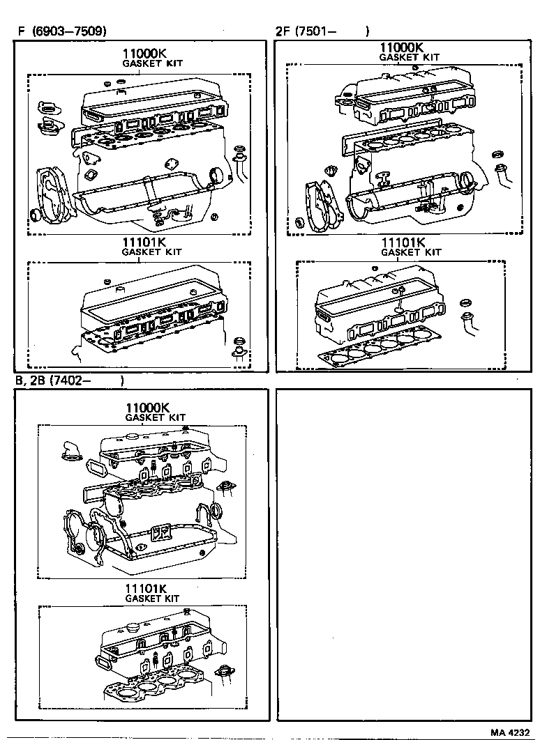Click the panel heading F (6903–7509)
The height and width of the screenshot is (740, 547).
[62, 31]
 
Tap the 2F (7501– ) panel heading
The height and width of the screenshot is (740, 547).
[322, 31]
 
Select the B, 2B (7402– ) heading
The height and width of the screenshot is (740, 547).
[69, 380]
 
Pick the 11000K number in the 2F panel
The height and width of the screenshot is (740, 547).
[400, 47]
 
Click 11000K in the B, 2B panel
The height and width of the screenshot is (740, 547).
[148, 408]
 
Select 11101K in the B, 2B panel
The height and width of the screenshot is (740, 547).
[149, 588]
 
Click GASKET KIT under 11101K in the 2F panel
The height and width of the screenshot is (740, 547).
[412, 252]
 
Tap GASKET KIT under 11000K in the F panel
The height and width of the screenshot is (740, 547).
[152, 63]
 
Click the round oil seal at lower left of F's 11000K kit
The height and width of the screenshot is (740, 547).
[36, 214]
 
